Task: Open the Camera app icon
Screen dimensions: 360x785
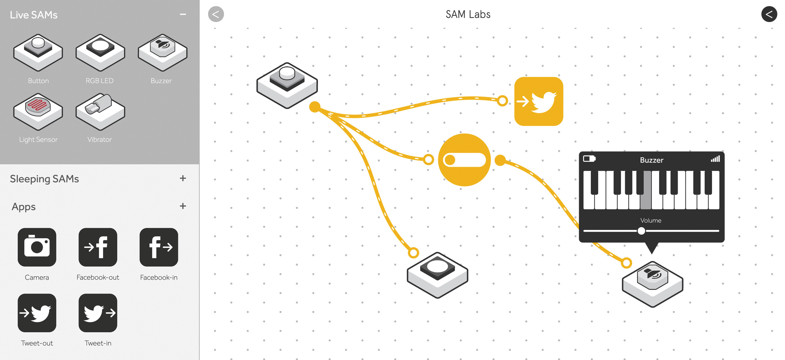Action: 37,247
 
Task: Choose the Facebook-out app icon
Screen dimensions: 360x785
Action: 98,247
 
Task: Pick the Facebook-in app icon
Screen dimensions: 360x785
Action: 159,247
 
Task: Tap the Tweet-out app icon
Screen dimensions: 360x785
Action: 37,313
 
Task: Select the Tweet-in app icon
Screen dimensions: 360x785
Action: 98,313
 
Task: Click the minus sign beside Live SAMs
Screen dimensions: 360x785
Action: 183,14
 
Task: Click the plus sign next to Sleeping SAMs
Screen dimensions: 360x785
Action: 183,178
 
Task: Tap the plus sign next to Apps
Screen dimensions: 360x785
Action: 183,206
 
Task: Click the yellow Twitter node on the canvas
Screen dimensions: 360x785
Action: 539,101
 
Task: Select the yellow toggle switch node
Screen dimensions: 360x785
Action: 464,160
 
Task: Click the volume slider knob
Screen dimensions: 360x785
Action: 641,231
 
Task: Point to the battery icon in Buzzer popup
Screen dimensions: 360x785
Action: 589,159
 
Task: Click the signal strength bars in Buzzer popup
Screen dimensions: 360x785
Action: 715,159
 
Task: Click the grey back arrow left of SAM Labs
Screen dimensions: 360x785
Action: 216,14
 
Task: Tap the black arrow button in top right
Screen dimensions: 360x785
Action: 769,14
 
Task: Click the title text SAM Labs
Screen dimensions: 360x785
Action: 468,14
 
